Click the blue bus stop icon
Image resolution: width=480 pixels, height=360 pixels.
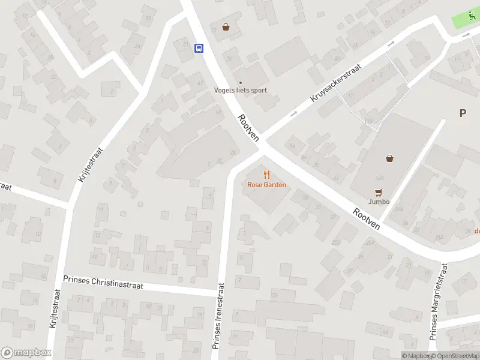click(x=199, y=48)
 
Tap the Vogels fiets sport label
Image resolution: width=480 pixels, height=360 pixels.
click(x=241, y=91)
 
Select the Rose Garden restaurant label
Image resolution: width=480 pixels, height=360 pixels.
click(x=266, y=185)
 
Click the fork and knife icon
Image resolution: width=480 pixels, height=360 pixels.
click(x=266, y=175)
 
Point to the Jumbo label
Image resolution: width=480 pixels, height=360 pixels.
click(x=379, y=202)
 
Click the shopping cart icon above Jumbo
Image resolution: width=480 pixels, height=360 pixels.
click(x=378, y=192)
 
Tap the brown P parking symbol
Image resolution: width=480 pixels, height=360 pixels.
click(x=463, y=113)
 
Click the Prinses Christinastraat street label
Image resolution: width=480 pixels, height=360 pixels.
click(x=103, y=283)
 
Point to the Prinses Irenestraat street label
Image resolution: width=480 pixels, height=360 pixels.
click(x=220, y=316)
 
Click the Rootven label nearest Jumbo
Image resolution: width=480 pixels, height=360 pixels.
click(x=366, y=218)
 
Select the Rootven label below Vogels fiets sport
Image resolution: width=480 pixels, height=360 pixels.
click(x=248, y=128)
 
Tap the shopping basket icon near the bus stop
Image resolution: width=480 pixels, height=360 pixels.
click(x=226, y=26)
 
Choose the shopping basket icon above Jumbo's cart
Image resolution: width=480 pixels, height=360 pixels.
click(x=390, y=158)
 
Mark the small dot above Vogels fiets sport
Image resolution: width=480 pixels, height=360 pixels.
click(x=241, y=83)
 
